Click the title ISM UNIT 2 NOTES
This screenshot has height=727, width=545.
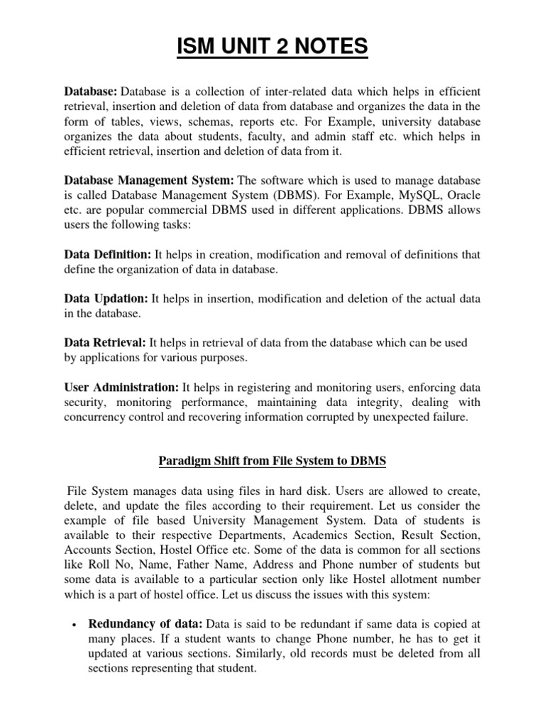[x=272, y=48]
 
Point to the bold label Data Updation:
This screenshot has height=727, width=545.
[x=106, y=298]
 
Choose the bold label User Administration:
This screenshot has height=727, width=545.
[x=121, y=387]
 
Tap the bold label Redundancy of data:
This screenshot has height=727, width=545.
[x=145, y=624]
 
